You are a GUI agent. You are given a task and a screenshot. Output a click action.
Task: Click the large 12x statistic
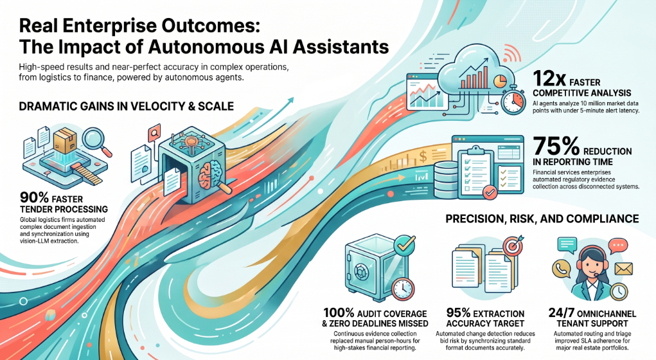549,78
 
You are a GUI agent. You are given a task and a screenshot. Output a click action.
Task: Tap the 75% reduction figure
556,147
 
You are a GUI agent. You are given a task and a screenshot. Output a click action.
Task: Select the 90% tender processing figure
34,197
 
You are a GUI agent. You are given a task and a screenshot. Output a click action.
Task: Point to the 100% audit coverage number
339,312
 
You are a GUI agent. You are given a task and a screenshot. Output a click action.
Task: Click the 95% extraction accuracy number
458,312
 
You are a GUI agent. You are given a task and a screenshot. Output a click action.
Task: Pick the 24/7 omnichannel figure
562,312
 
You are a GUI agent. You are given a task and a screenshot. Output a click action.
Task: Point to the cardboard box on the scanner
65,141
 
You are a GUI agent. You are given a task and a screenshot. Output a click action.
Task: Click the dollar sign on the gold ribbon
423,157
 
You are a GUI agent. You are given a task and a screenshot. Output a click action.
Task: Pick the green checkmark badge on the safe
403,244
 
